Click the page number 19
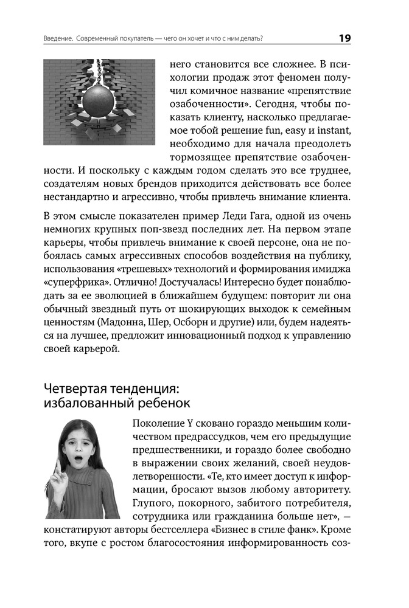point(344,38)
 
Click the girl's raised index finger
point(56,468)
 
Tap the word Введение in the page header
point(58,38)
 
